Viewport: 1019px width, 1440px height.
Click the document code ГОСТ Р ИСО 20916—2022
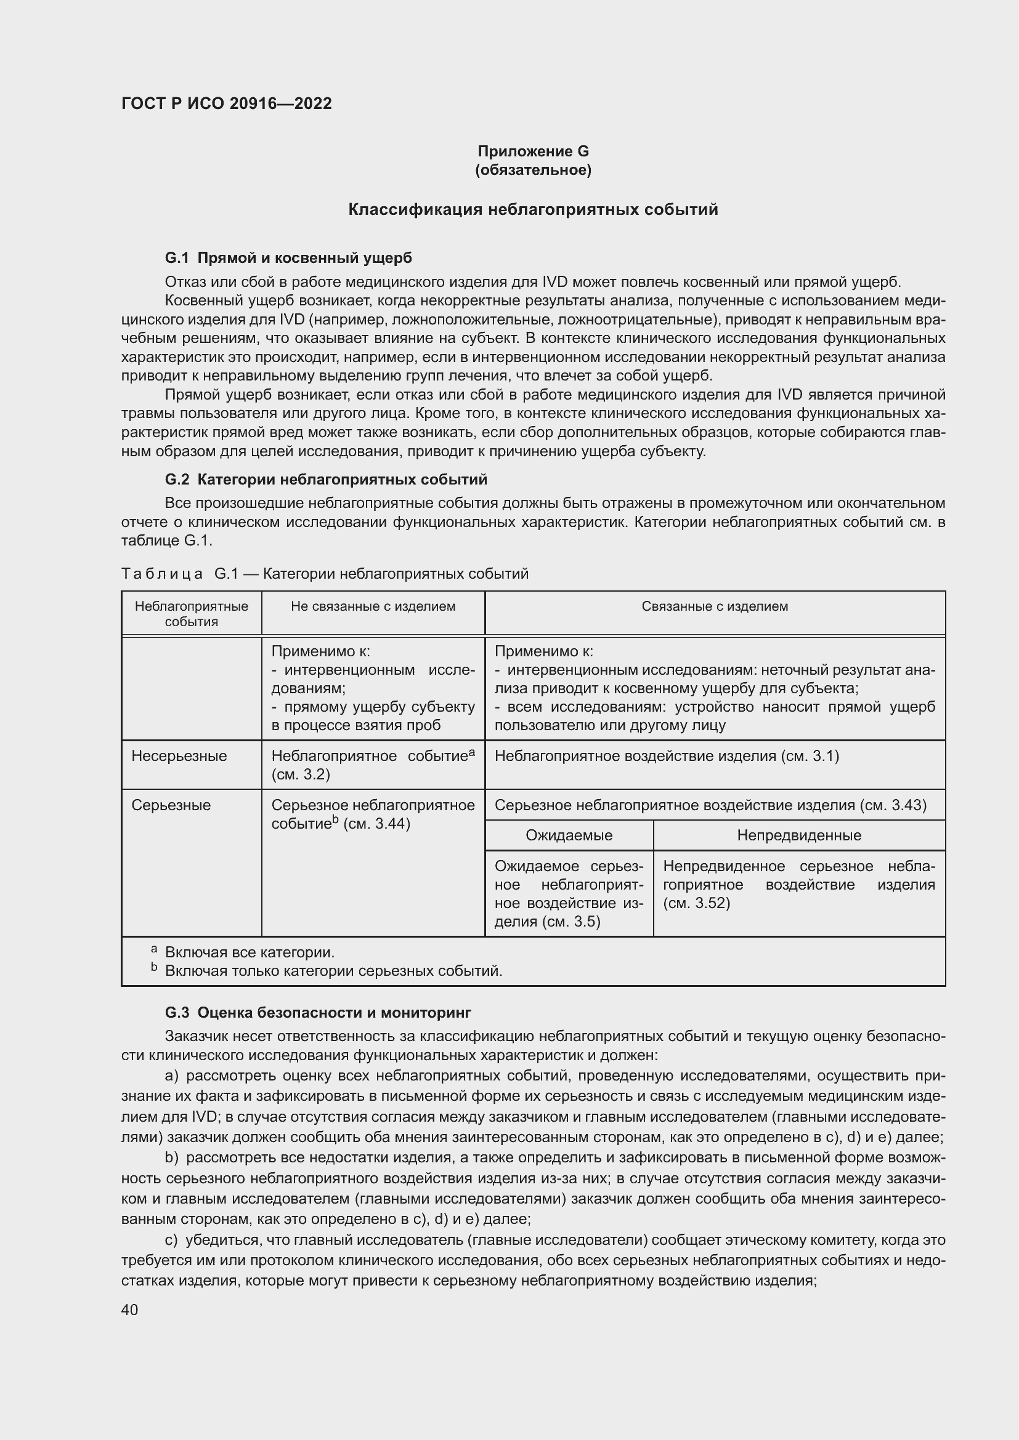[x=227, y=104]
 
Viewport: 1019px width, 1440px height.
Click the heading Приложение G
[x=533, y=151]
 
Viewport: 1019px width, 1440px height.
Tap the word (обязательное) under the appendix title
[x=533, y=170]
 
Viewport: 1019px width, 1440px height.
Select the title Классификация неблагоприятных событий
[x=533, y=209]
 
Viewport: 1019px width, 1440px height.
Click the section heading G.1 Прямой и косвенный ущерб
[x=288, y=258]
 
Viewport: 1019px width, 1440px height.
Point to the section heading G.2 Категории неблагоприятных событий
[x=326, y=480]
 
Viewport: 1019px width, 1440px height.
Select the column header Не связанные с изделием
[x=373, y=606]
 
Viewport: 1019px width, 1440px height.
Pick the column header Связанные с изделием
[x=715, y=606]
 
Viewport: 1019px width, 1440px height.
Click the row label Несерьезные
[x=179, y=757]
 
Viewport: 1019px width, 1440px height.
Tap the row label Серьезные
[x=171, y=805]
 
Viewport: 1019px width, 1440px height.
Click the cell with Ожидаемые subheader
[x=569, y=835]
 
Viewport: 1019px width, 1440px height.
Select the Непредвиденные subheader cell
[x=799, y=835]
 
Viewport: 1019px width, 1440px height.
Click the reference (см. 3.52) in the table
[x=697, y=903]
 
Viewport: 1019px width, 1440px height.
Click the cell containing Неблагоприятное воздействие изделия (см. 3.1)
[x=667, y=757]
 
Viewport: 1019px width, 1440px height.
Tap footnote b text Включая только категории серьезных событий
[x=333, y=971]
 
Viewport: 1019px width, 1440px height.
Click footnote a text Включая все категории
[x=250, y=952]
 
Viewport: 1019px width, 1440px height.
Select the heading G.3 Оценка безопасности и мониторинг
[x=317, y=1013]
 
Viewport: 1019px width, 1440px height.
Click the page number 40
[x=130, y=1310]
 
